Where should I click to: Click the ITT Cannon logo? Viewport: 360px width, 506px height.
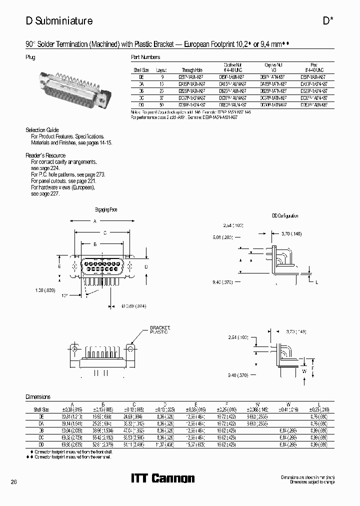point(162,478)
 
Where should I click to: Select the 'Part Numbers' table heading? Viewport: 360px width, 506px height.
point(145,57)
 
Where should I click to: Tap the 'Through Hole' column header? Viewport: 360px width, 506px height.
point(191,71)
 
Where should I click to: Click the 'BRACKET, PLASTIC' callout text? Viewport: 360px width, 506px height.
point(160,329)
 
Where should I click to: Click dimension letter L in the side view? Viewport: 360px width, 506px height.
point(316,282)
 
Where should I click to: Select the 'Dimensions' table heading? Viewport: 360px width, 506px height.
point(38,396)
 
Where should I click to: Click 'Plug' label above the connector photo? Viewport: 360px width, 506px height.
point(30,57)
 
